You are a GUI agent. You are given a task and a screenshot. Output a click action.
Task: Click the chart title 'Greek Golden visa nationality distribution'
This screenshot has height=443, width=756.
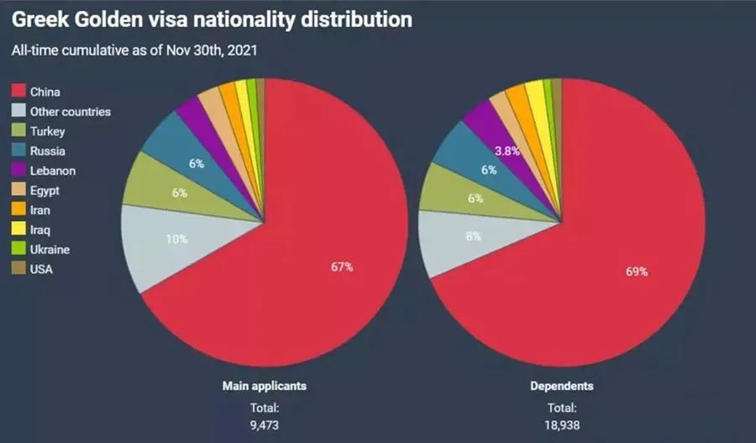coord(212,19)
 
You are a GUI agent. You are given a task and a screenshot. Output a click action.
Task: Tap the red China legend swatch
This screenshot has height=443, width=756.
coord(17,91)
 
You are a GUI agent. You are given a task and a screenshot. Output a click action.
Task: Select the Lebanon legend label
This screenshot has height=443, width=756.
coord(52,171)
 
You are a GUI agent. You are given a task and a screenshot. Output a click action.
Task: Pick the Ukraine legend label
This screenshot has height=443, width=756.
coord(50,250)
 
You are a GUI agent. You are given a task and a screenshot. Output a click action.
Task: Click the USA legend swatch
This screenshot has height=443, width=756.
coord(17,270)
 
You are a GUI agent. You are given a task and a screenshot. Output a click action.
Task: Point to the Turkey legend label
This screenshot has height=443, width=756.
coord(47,131)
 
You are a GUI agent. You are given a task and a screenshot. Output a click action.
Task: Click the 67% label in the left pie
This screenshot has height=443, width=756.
coord(342,267)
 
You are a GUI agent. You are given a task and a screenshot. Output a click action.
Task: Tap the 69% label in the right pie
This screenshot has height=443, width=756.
coord(637,271)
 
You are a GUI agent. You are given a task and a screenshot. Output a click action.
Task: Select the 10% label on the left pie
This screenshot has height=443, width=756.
coord(176,239)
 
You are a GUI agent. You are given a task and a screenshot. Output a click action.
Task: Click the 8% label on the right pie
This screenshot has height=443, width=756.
coord(474,236)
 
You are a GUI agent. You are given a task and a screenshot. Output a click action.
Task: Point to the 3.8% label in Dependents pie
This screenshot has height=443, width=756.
coord(507,150)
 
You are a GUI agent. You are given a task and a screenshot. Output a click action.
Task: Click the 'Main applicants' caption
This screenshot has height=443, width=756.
coord(264,387)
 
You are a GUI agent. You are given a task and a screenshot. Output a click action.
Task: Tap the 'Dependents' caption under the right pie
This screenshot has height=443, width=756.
coord(562,387)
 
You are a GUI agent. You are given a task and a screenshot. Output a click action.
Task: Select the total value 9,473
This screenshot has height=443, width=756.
coord(263,425)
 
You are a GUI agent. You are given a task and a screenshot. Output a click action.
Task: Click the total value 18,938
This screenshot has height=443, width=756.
coord(562,425)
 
